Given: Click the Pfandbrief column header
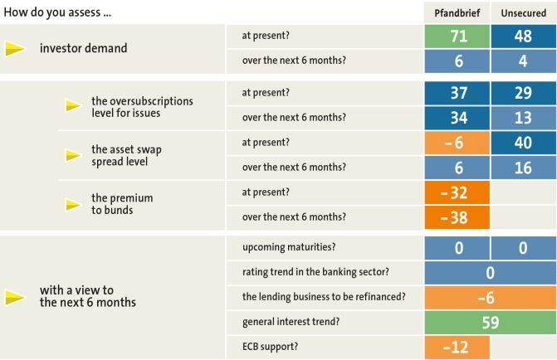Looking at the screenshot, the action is [x=457, y=13].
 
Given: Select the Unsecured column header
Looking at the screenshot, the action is [x=523, y=13].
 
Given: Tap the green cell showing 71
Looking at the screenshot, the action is [x=457, y=36].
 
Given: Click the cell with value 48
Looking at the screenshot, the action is [x=524, y=36].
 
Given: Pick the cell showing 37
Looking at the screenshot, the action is [x=457, y=93].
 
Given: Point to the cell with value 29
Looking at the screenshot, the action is [x=524, y=93].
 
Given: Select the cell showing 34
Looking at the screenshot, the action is [x=457, y=118].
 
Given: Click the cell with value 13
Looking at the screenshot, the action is [x=524, y=118].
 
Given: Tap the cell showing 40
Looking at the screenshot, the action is [x=524, y=143].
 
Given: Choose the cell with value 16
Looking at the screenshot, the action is [x=524, y=168].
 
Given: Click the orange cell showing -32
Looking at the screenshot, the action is [x=457, y=192].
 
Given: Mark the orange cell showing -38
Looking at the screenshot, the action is [x=457, y=217].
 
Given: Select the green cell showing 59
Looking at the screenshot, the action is [x=491, y=323].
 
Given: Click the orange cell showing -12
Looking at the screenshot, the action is [x=457, y=348].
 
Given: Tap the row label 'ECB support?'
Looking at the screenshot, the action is [x=270, y=347].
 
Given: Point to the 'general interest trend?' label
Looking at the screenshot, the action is [x=291, y=322].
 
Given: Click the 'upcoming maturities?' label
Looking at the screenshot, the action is [x=289, y=247].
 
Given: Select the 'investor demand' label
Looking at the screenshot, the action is [x=84, y=48].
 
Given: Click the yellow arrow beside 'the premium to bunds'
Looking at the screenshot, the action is [x=74, y=205].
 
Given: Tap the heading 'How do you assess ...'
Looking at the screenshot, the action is [x=57, y=12].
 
